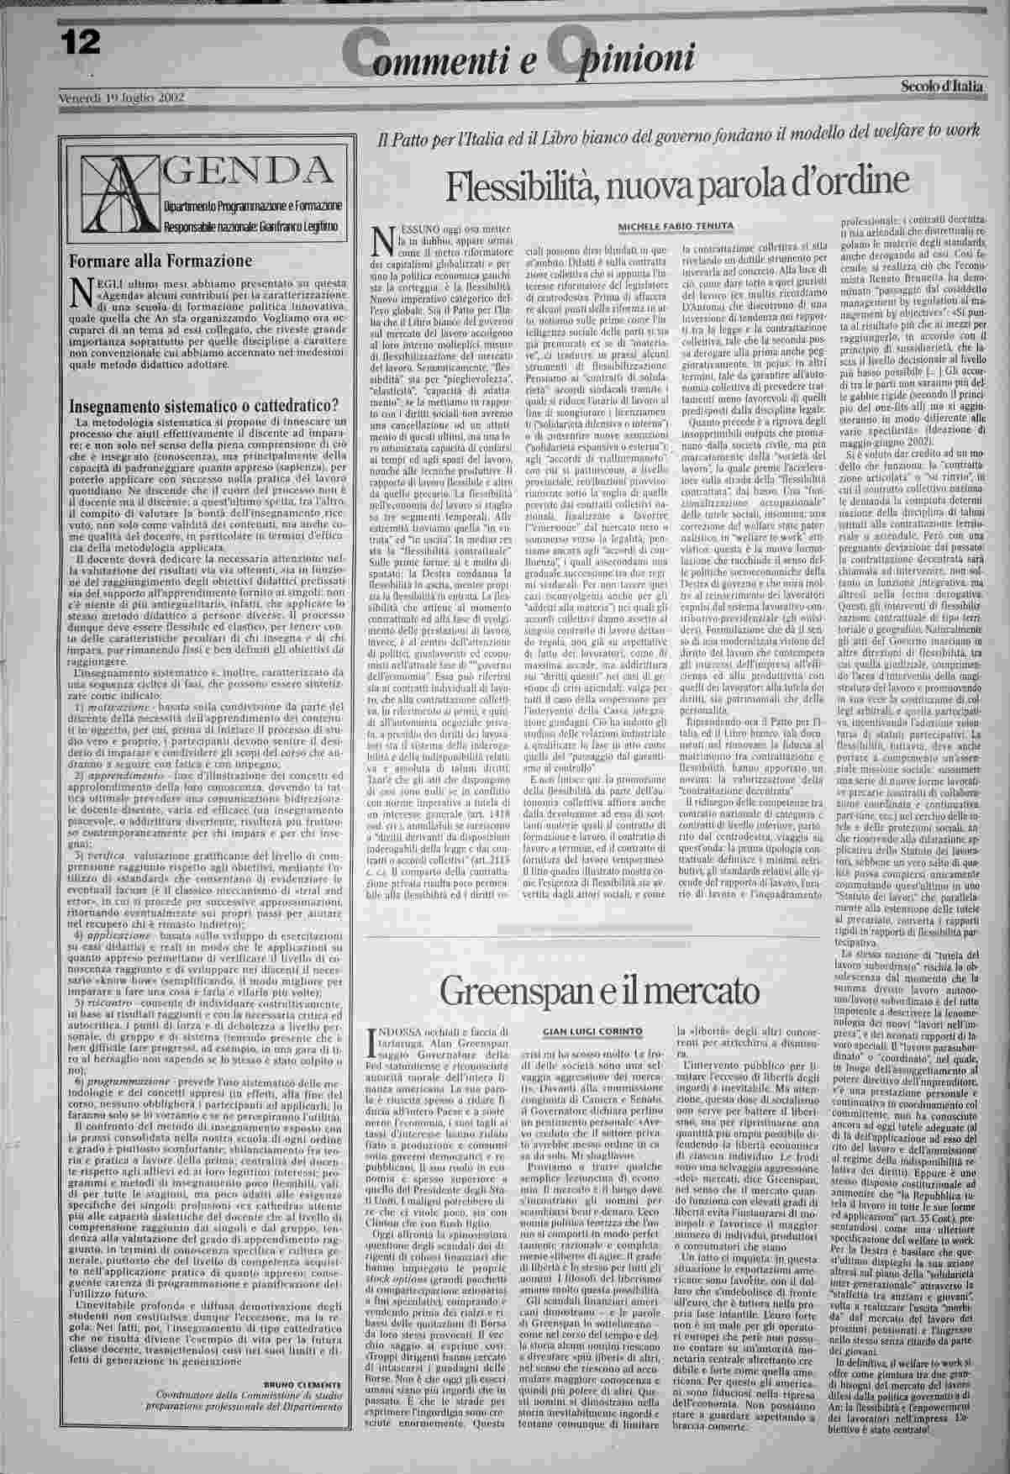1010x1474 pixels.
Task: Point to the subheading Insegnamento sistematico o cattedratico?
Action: [x=202, y=405]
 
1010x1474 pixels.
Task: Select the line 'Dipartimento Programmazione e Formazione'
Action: [x=252, y=206]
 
